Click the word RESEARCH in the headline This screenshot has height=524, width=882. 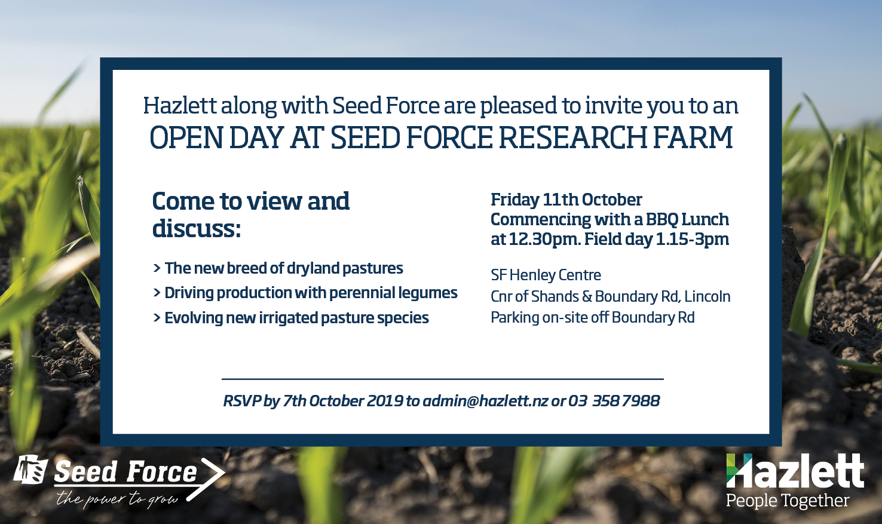point(572,138)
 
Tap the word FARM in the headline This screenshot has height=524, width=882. point(693,138)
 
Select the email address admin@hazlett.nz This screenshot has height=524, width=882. point(485,401)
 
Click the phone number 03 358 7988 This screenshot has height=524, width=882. point(614,401)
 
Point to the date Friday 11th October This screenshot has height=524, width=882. point(566,200)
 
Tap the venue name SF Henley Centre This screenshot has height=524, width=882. point(546,275)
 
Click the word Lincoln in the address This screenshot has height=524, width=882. point(707,296)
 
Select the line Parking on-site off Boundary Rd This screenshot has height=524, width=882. point(593,318)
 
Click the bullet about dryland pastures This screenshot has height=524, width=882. point(278,268)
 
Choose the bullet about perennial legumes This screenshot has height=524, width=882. point(305,293)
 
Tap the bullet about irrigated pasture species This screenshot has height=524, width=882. point(290,318)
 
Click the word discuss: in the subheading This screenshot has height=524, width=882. point(197,228)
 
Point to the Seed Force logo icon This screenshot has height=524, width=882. point(30,469)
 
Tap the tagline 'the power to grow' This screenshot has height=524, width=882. point(117,500)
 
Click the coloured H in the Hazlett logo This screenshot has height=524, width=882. point(739,470)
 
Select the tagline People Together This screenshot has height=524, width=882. point(788,500)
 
